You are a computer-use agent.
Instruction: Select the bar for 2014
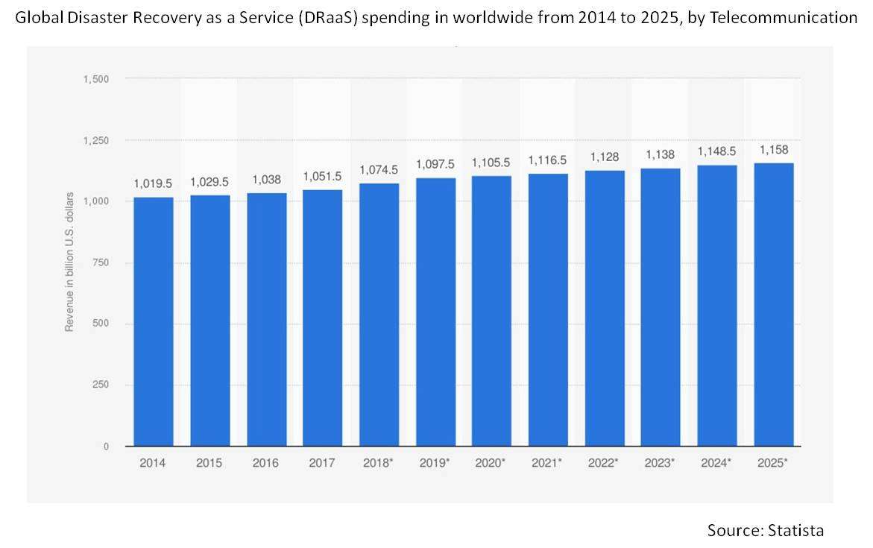[x=154, y=321]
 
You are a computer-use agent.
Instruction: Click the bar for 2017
[x=323, y=318]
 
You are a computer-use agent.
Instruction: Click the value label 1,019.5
[x=154, y=183]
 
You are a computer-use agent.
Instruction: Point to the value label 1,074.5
[x=379, y=170]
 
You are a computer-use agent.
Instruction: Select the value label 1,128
[x=605, y=157]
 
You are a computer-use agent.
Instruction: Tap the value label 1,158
[x=773, y=150]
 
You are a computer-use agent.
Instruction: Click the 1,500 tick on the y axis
[x=96, y=79]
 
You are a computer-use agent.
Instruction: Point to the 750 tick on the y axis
[x=100, y=262]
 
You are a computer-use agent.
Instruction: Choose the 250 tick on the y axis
[x=100, y=385]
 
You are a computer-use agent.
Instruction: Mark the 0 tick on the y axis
[x=106, y=446]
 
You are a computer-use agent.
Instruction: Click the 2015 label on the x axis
[x=209, y=463]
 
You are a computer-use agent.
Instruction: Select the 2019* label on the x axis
[x=435, y=463]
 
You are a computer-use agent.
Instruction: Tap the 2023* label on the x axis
[x=661, y=463]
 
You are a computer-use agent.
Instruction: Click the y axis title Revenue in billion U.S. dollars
[x=70, y=262]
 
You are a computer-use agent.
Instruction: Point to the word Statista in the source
[x=795, y=530]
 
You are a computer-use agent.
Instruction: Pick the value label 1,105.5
[x=491, y=163]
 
